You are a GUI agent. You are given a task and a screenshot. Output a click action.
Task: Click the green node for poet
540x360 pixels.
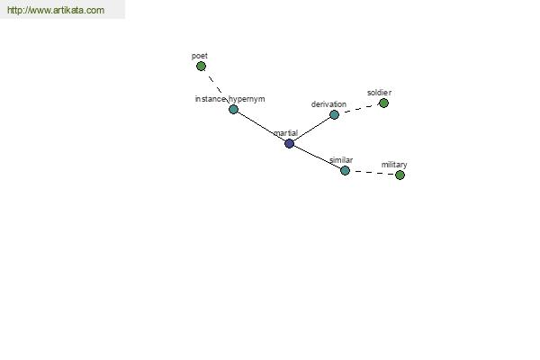pyautogui.click(x=201, y=66)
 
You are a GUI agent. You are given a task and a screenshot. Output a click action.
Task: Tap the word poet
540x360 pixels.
pyautogui.click(x=200, y=56)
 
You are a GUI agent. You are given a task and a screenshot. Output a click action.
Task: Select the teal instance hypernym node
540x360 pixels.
pyautogui.click(x=233, y=109)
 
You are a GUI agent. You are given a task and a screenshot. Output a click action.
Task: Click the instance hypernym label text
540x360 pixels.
pyautogui.click(x=230, y=99)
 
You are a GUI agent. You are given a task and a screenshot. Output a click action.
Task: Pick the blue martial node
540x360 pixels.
pyautogui.click(x=289, y=143)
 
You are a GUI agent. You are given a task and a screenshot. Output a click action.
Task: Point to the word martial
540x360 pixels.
pyautogui.click(x=286, y=133)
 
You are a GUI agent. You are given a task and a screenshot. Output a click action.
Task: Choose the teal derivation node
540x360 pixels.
pyautogui.click(x=334, y=114)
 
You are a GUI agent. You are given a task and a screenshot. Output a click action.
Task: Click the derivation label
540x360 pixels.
pyautogui.click(x=328, y=104)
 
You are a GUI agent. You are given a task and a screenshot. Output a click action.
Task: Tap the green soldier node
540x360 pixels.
pyautogui.click(x=383, y=103)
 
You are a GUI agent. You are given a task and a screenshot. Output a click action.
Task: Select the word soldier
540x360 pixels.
pyautogui.click(x=379, y=93)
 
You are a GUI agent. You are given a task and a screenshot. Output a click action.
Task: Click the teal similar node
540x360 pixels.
pyautogui.click(x=345, y=170)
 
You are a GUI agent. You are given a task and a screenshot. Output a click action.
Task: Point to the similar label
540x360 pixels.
pyautogui.click(x=341, y=160)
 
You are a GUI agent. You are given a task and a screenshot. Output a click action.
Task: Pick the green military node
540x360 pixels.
pyautogui.click(x=400, y=175)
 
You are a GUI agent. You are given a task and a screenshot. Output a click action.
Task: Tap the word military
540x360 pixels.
pyautogui.click(x=394, y=165)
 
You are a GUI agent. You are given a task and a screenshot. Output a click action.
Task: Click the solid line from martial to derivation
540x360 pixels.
pyautogui.click(x=311, y=129)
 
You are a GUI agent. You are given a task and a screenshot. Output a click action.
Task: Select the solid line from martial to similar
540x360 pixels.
pyautogui.click(x=317, y=157)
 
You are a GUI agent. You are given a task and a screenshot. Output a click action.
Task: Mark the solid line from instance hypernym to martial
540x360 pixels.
pyautogui.click(x=261, y=126)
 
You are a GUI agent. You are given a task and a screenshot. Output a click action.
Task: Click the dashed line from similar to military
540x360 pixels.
pyautogui.click(x=372, y=173)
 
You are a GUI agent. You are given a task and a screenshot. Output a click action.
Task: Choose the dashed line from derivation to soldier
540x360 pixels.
pyautogui.click(x=359, y=109)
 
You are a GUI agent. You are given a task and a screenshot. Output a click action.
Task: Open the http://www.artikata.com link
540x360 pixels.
pyautogui.click(x=56, y=10)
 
